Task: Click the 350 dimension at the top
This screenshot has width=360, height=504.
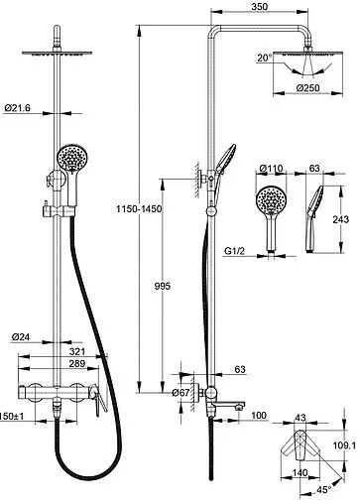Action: [x=260, y=6]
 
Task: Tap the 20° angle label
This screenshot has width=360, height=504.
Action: [x=265, y=58]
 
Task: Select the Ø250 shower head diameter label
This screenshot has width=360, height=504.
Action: [x=307, y=88]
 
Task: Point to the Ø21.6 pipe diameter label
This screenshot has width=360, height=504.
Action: [x=18, y=108]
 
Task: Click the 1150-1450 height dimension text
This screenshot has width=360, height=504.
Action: [x=139, y=209]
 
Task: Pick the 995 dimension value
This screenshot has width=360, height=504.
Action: [x=163, y=286]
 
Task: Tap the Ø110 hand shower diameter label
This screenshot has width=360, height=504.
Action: [x=271, y=169]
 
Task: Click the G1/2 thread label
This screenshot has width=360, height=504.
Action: [x=234, y=251]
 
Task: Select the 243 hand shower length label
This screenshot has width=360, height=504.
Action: [x=341, y=219]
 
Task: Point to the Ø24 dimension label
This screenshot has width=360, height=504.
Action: [x=21, y=337]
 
